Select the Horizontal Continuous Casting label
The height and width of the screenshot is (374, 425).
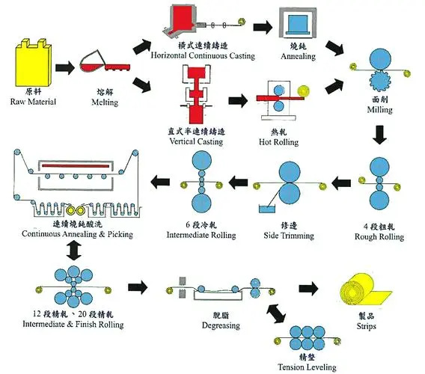(x=202, y=55)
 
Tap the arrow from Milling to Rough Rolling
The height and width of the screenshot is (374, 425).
(x=380, y=135)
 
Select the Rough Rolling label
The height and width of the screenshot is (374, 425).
(x=379, y=237)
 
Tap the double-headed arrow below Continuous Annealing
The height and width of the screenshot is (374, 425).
(x=72, y=253)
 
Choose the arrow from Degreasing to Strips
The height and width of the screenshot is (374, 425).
(x=308, y=288)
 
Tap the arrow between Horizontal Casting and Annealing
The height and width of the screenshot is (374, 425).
(x=261, y=27)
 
